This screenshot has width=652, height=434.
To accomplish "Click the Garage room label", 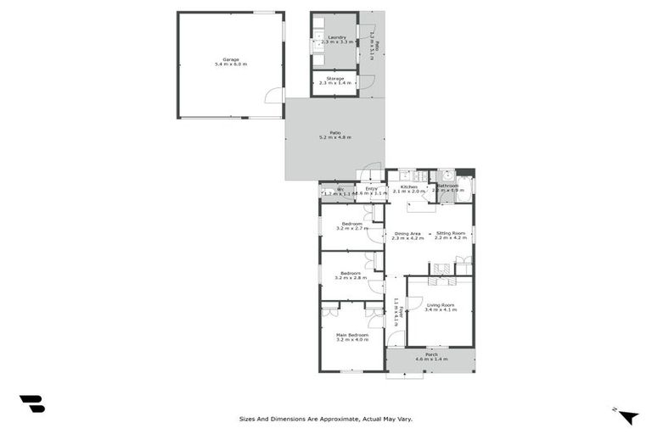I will click(x=230, y=58).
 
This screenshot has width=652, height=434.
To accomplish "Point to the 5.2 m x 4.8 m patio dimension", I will click(x=334, y=137).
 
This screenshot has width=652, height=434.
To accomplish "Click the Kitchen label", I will click(x=408, y=186).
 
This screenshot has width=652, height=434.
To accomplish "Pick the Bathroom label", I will click(x=447, y=186).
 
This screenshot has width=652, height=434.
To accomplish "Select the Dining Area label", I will click(x=407, y=233).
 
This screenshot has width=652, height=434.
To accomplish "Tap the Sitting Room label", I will click(x=451, y=233).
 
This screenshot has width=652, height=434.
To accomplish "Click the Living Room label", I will click(x=440, y=304).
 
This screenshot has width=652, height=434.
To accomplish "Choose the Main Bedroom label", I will click(x=351, y=335).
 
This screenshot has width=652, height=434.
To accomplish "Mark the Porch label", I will click(x=431, y=354).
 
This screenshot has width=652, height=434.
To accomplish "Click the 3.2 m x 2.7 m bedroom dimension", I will click(x=351, y=229).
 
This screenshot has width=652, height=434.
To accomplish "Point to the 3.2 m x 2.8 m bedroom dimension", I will click(x=351, y=278).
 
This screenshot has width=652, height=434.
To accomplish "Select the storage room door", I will click(x=367, y=81).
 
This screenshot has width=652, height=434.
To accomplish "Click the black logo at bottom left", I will click(x=31, y=404).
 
